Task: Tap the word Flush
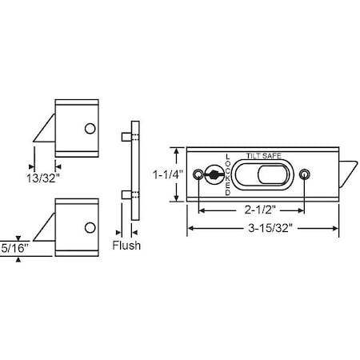pos(126,246)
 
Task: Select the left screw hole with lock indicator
pos(214,174)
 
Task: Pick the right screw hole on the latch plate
pos(304,174)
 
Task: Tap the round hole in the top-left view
pos(90,128)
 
